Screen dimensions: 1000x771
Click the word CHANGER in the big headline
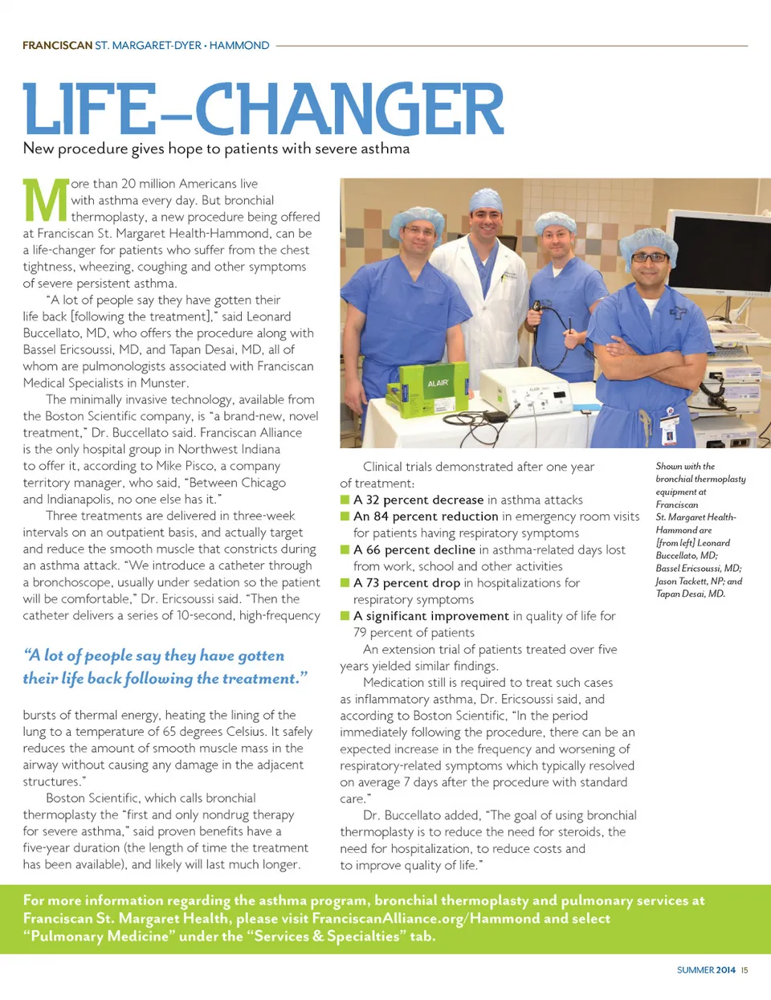(x=349, y=109)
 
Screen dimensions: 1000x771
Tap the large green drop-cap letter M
(x=46, y=201)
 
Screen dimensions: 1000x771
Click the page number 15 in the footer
(x=744, y=970)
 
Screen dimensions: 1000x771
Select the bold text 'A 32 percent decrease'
(x=418, y=500)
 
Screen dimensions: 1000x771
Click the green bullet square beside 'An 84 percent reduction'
(x=345, y=516)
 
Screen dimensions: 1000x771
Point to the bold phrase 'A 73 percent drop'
(x=407, y=583)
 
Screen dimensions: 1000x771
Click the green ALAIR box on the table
(x=423, y=386)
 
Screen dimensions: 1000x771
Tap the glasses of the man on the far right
(x=650, y=258)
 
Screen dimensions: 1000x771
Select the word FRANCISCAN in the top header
(x=57, y=46)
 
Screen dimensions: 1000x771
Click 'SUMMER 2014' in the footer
(x=706, y=970)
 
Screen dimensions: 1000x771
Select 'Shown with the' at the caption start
(x=685, y=466)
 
